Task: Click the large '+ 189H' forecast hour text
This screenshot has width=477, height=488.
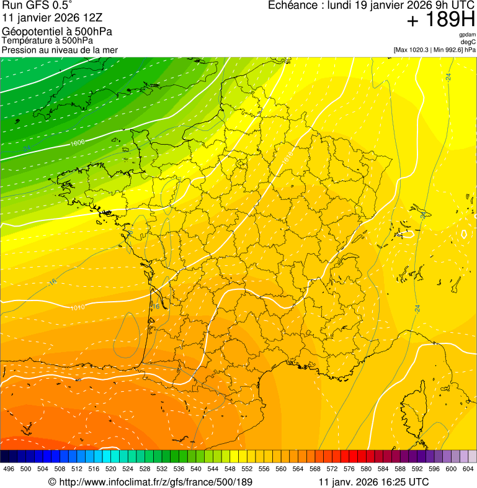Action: click(x=440, y=20)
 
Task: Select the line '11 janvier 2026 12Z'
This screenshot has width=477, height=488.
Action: click(x=46, y=18)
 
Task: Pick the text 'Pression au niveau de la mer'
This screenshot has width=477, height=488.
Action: click(x=60, y=50)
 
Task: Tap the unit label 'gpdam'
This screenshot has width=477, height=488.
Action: click(x=467, y=35)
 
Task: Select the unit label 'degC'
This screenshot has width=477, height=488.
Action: click(x=468, y=42)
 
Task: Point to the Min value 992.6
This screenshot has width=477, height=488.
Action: click(x=453, y=50)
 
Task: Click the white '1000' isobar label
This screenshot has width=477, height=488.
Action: click(x=78, y=143)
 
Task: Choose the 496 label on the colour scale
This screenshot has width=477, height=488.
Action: click(x=9, y=469)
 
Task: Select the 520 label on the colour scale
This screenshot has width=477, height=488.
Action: click(x=111, y=469)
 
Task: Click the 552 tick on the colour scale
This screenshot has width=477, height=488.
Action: click(x=247, y=469)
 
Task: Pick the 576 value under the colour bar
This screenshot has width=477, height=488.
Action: click(x=349, y=469)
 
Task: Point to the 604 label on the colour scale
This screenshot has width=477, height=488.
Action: click(x=468, y=469)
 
